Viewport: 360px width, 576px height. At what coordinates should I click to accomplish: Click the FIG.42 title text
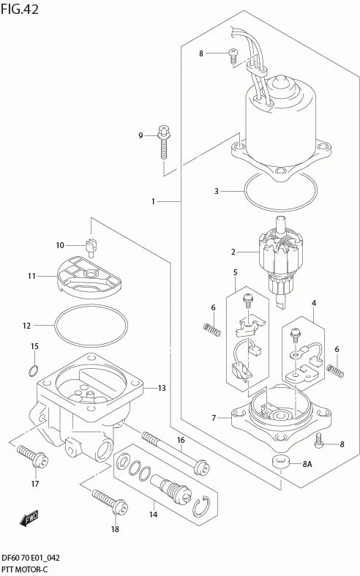pos(20,10)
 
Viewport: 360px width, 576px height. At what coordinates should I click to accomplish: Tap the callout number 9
pos(140,136)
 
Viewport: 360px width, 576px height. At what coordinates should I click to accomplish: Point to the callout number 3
pos(217,191)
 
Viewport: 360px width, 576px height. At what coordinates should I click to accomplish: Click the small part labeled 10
pos(91,247)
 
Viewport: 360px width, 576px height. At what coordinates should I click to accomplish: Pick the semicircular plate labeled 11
pos(89,277)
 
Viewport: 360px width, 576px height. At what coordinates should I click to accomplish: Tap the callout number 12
pos(27,326)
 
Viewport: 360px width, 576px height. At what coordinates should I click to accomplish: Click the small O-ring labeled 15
pos(34,371)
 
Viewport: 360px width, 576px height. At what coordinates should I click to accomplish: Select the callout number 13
pos(162,388)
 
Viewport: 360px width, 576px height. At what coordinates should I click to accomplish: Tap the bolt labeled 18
pos(110,502)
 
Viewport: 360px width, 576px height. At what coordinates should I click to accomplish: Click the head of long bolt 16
pos(201,468)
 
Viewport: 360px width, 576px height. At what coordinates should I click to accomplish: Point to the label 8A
pos(307,464)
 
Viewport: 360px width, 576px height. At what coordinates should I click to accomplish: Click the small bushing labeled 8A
pos(281,461)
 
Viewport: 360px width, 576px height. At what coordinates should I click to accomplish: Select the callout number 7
pos(214,418)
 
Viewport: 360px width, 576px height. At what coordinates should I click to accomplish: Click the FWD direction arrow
pos(29,518)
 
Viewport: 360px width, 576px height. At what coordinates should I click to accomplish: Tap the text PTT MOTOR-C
pos(24,569)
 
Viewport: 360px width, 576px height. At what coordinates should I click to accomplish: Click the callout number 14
pos(153,515)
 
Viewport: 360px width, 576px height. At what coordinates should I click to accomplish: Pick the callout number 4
pos(314,303)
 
